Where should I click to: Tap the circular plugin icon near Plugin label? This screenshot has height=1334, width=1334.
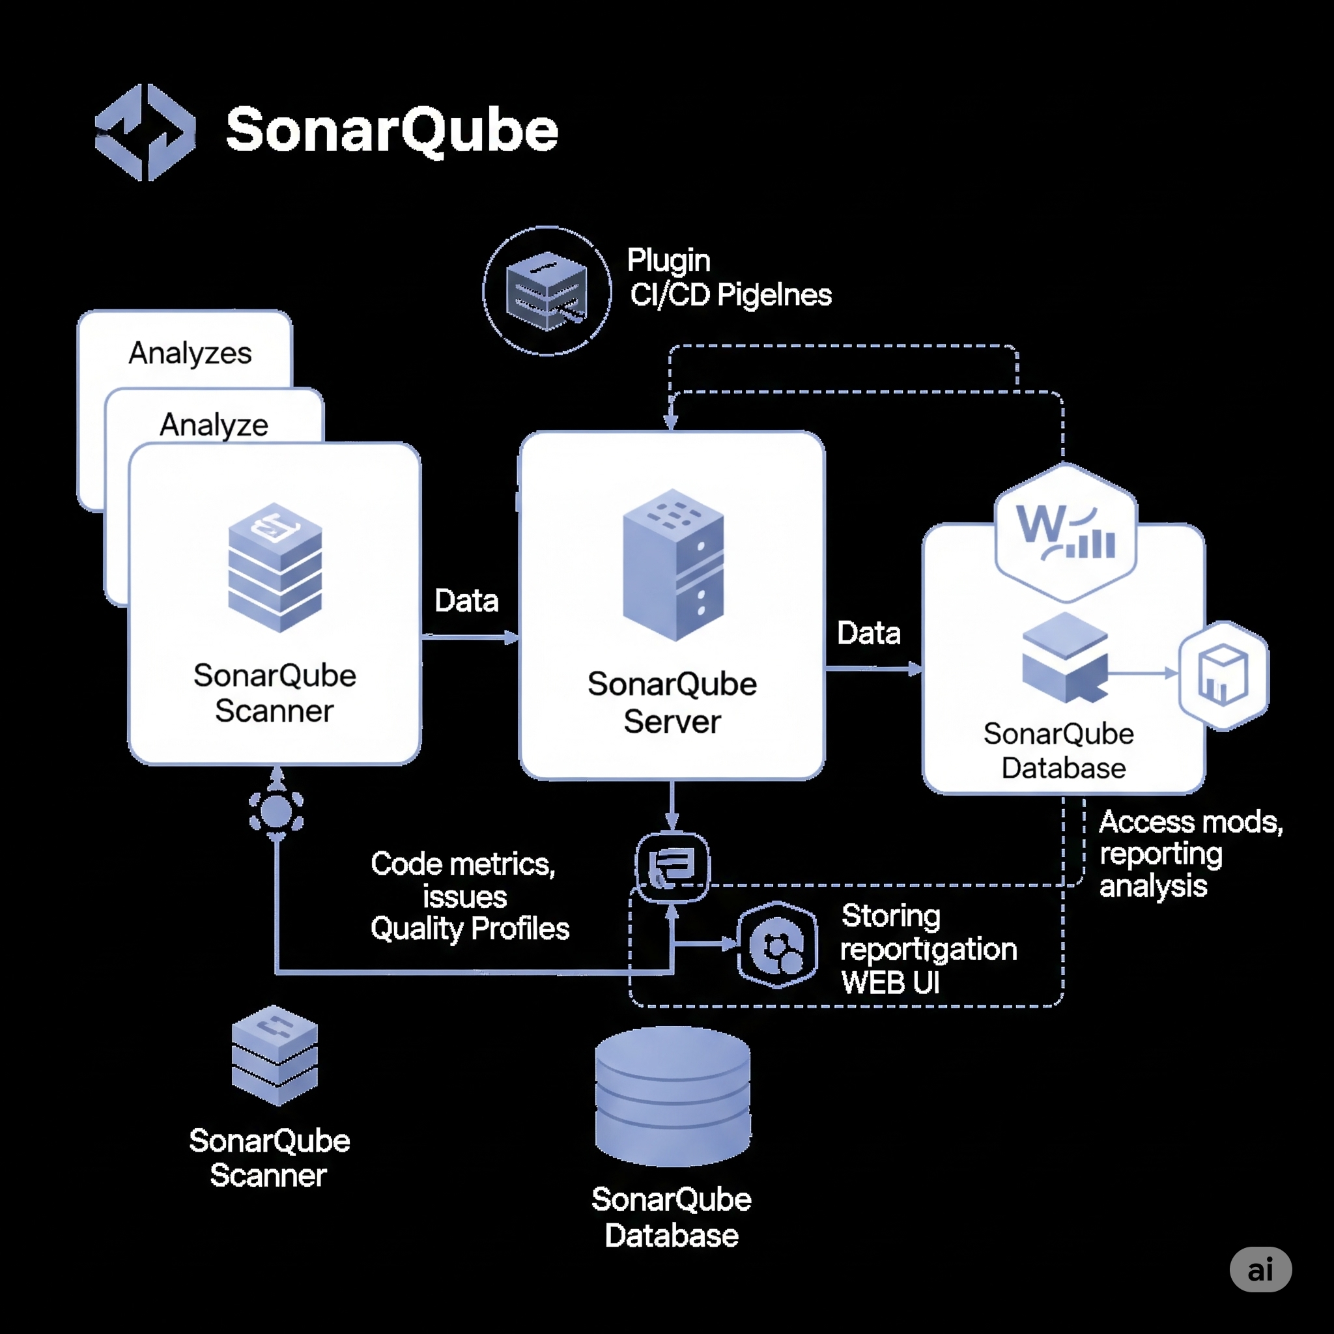(547, 291)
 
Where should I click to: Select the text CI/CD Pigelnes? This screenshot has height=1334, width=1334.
(731, 295)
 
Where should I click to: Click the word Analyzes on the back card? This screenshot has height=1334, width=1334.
(190, 353)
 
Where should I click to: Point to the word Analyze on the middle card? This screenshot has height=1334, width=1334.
(214, 424)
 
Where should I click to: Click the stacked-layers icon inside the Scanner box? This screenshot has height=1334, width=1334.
(275, 567)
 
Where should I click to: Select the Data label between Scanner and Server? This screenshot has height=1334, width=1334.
(467, 601)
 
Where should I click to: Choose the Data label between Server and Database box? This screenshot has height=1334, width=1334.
(869, 632)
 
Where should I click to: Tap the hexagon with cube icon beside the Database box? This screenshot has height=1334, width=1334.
(1223, 675)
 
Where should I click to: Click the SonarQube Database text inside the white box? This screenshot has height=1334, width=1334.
(1059, 750)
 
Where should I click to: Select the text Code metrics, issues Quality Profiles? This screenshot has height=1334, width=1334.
(469, 896)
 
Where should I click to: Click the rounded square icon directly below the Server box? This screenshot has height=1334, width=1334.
(672, 867)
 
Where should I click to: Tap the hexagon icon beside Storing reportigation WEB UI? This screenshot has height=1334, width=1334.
(778, 944)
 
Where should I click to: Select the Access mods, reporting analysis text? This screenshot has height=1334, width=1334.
(1189, 853)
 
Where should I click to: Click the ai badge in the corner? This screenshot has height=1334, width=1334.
(1260, 1269)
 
